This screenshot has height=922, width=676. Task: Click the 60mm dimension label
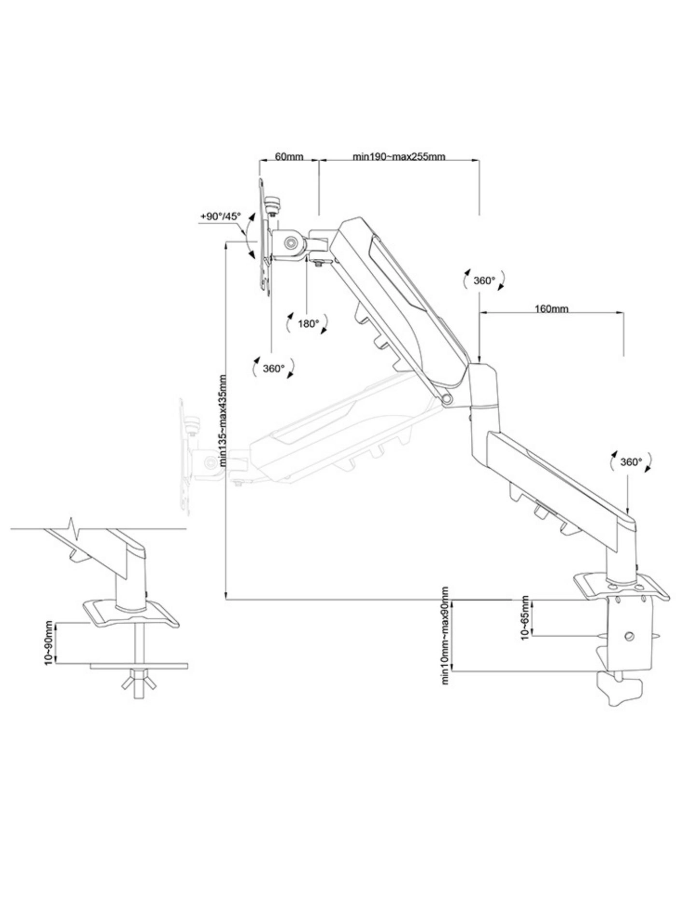point(289,156)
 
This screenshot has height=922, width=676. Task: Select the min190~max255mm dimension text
point(399,156)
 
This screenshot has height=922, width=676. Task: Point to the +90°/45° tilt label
point(220,216)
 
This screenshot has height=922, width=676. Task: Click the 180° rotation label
point(309,323)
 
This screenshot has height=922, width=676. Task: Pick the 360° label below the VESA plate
point(274,368)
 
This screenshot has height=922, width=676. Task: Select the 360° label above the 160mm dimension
point(484,280)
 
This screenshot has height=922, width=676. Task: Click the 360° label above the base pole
point(631,461)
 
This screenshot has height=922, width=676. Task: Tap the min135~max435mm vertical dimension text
point(223,420)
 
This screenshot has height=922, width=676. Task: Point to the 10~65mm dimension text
point(525,618)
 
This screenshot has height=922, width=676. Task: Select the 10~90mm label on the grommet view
point(49,643)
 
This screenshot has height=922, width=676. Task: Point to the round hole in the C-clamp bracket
point(628,635)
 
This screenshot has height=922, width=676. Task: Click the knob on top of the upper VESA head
point(274,201)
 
